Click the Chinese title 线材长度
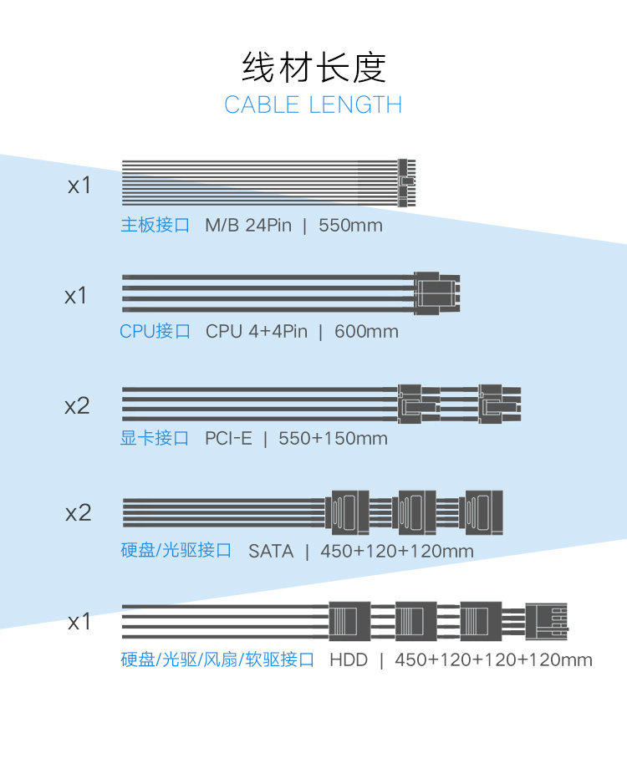point(313,67)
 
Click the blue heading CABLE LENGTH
point(313,105)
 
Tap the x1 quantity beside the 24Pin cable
point(79,185)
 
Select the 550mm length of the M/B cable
point(350,226)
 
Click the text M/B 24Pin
point(248,226)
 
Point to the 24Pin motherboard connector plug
point(407,182)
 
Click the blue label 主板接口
point(155,226)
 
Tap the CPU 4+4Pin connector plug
point(437,293)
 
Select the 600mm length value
point(366,332)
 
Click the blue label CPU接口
point(155,332)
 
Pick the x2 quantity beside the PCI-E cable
point(77,406)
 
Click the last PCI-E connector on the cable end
point(499,404)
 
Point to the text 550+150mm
point(333,439)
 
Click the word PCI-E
point(228,439)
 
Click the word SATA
point(271,552)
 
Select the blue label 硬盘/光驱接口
point(176,552)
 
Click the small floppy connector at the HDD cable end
point(547,621)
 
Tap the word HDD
point(349,660)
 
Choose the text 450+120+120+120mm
point(493,660)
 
